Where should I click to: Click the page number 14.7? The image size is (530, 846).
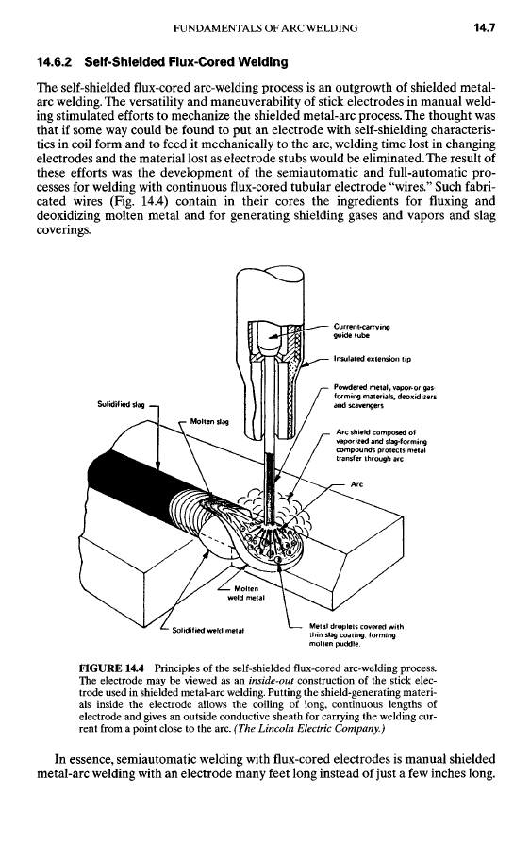pyautogui.click(x=484, y=27)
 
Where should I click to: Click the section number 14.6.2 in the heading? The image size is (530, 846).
pyautogui.click(x=54, y=62)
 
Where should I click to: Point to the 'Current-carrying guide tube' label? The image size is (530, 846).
pyautogui.click(x=361, y=330)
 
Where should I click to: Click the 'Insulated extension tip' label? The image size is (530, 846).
pyautogui.click(x=373, y=358)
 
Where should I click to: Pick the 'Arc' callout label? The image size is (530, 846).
pyautogui.click(x=356, y=484)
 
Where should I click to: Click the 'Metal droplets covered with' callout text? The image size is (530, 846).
pyautogui.click(x=356, y=626)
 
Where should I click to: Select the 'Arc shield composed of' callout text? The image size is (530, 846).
pyautogui.click(x=375, y=431)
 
